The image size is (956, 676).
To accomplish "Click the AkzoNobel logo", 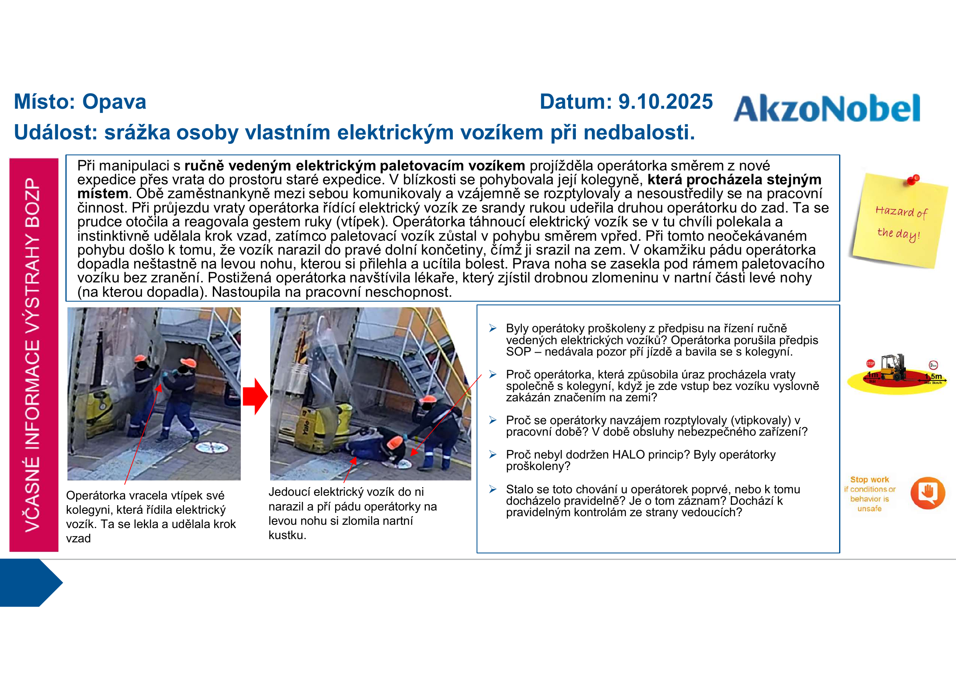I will [826, 108].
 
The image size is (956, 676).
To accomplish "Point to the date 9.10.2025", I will [665, 102].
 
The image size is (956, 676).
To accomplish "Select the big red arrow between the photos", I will [255, 396].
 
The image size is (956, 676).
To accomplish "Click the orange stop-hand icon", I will [928, 493].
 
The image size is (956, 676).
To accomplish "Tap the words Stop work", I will [869, 479].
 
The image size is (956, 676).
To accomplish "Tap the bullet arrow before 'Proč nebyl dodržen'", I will [493, 454].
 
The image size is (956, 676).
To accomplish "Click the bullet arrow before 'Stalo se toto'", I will [493, 489].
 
